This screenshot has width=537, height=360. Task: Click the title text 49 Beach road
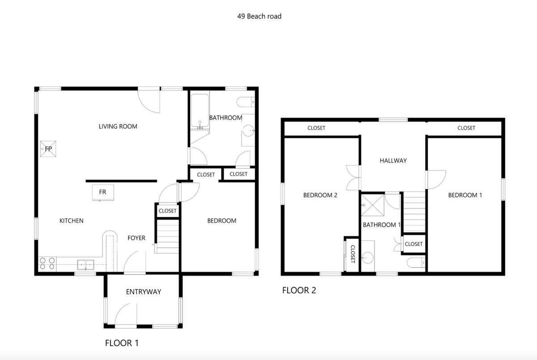click(259, 16)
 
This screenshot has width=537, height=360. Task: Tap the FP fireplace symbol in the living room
click(48, 149)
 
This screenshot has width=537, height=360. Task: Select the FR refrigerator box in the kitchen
click(103, 192)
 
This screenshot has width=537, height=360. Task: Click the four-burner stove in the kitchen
click(47, 263)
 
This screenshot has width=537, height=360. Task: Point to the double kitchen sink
click(85, 265)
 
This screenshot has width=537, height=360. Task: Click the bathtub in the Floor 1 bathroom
click(200, 111)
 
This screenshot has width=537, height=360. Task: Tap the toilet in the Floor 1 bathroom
click(246, 102)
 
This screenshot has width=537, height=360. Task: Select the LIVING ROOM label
click(118, 127)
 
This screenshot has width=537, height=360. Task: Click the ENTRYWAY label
click(144, 292)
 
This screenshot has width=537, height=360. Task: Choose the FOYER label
click(136, 238)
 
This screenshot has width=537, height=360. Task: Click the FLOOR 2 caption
click(299, 290)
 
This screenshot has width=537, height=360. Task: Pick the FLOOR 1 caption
click(122, 343)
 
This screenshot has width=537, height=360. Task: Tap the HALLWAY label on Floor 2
click(393, 161)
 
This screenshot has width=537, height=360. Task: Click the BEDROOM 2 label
click(320, 195)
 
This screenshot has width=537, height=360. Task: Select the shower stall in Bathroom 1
click(373, 205)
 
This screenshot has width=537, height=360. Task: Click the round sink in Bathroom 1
click(367, 258)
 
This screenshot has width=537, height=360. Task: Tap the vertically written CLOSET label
click(353, 254)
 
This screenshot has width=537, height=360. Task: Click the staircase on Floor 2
click(414, 212)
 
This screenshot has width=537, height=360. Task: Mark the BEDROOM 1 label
click(465, 195)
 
